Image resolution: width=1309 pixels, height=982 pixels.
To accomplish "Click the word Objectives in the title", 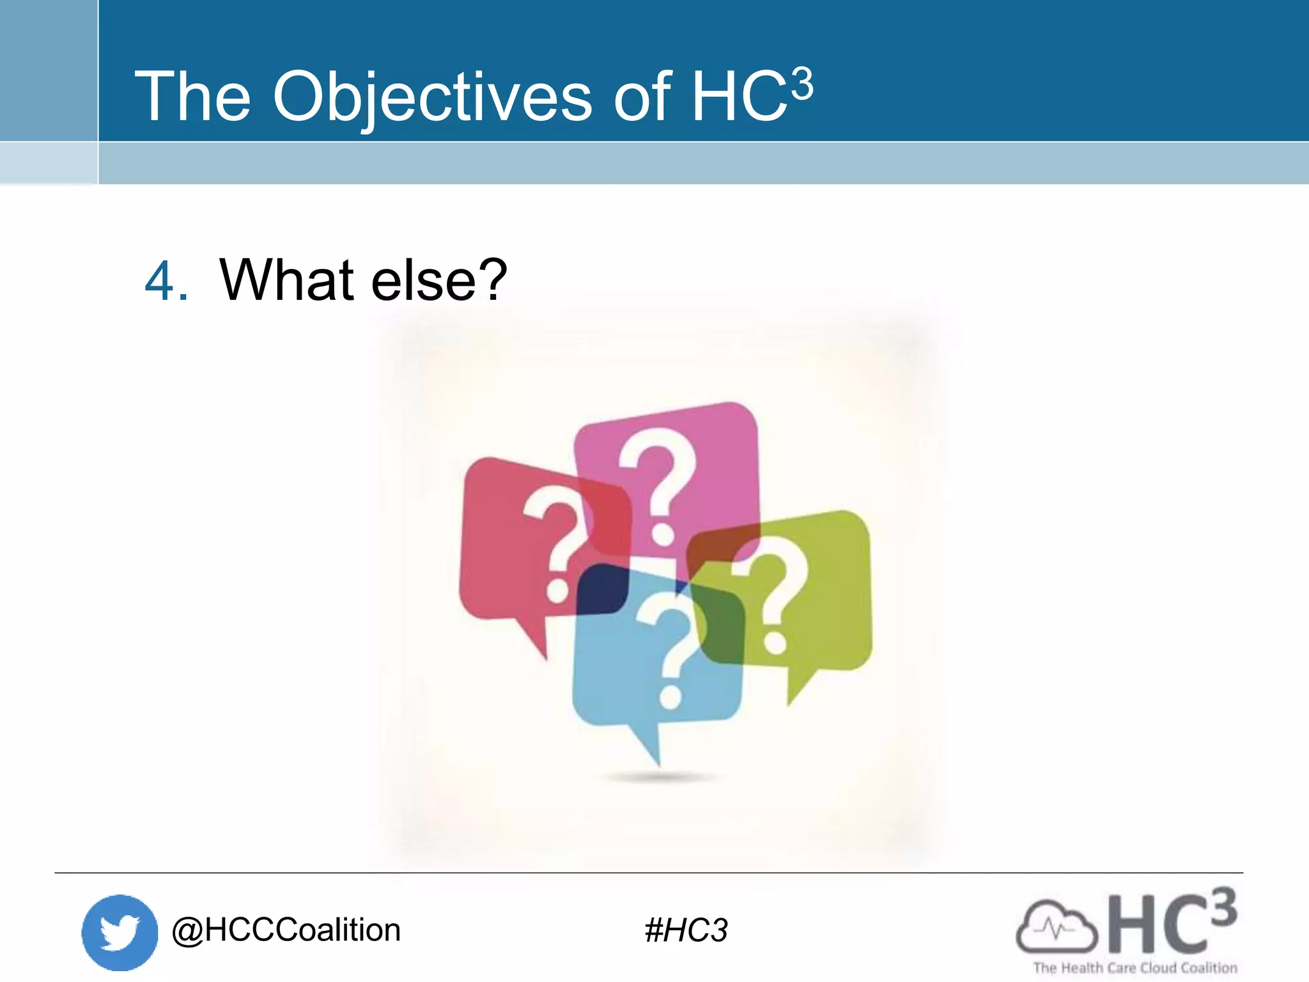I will click(x=432, y=97).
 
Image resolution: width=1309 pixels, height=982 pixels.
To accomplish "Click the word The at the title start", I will click(x=192, y=97).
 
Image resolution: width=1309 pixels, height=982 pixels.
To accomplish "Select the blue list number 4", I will click(x=166, y=281).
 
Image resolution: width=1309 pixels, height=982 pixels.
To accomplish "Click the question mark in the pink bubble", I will click(x=658, y=486).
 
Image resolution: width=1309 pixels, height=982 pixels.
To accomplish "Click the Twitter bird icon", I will click(x=120, y=932).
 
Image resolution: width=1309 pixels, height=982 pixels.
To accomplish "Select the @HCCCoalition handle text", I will click(x=286, y=930).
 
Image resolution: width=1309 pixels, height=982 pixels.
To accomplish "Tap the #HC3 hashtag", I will click(x=686, y=930).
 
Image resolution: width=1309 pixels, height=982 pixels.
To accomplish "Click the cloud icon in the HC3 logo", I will click(x=1056, y=927).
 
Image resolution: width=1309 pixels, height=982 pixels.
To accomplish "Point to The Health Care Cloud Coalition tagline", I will click(x=1135, y=968).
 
